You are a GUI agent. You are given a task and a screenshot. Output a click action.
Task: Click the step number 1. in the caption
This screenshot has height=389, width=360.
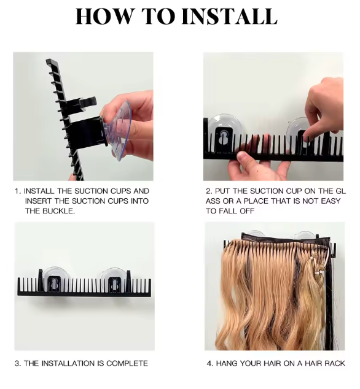click(x=18, y=191)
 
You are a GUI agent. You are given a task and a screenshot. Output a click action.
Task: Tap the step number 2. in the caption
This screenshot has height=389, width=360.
click(x=209, y=191)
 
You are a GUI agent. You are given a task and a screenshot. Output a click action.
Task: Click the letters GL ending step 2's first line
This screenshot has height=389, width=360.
click(x=340, y=191)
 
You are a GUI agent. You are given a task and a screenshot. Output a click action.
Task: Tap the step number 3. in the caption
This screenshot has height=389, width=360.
click(x=18, y=363)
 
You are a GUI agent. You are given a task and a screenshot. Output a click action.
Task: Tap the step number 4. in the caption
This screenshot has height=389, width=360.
click(x=209, y=363)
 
